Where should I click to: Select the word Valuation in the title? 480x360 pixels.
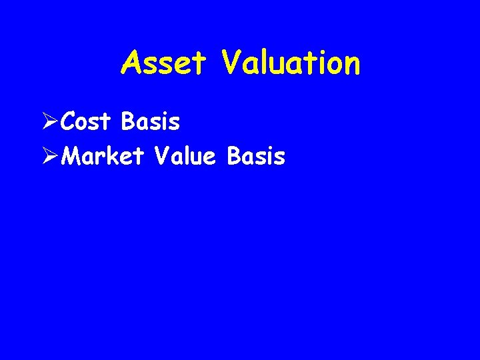[x=291, y=63]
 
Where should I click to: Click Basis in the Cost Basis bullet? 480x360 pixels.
[x=151, y=122]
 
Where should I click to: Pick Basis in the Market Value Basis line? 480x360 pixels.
[x=256, y=157]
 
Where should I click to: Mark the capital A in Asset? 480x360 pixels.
[x=131, y=63]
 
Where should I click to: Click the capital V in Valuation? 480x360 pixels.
[x=233, y=63]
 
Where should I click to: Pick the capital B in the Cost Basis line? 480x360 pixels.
[x=129, y=122]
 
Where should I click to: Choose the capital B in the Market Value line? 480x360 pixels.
[x=234, y=157]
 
